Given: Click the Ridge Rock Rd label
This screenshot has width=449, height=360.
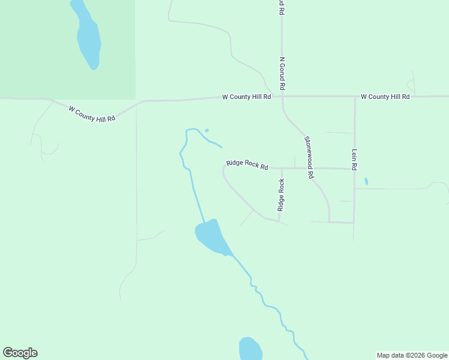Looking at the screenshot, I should [247, 164].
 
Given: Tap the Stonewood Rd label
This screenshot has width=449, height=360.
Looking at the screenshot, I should [309, 157].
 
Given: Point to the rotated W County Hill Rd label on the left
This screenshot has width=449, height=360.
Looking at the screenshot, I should [92, 114].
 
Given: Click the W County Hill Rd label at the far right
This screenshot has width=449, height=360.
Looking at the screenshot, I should [385, 97].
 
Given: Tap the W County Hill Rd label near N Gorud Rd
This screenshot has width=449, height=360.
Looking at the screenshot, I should [246, 97].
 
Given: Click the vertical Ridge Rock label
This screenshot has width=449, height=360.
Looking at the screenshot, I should [281, 195].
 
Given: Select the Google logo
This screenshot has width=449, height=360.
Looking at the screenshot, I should [20, 353].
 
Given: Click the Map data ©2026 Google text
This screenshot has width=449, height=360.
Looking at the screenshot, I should [412, 355].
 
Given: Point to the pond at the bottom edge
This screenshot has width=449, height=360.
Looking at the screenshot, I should [250, 349].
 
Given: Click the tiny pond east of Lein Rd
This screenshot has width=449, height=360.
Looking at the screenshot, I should [366, 181].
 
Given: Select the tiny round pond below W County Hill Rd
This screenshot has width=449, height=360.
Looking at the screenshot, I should [206, 130].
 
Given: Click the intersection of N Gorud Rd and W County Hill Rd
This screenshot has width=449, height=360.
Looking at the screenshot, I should [282, 96].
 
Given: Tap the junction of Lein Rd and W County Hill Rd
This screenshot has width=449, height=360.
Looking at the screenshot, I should [355, 96].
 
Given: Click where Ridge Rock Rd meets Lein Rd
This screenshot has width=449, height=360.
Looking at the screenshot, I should [354, 169].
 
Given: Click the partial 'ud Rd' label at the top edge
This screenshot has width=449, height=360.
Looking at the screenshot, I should [281, 7].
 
